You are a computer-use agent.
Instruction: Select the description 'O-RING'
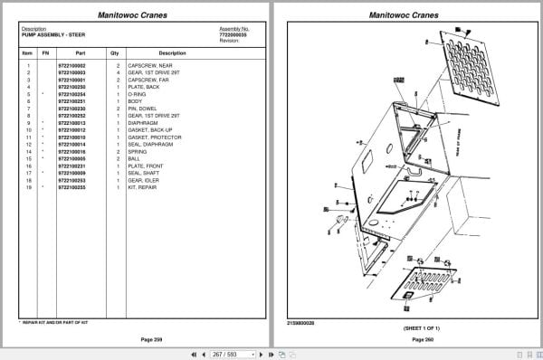pyautogui.click(x=142, y=94)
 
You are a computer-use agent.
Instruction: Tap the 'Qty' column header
pyautogui.click(x=116, y=53)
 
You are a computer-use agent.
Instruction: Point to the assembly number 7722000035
pyautogui.click(x=233, y=35)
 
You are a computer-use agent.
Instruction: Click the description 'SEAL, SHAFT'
pyautogui.click(x=148, y=174)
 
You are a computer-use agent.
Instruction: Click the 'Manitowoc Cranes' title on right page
pyautogui.click(x=405, y=15)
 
